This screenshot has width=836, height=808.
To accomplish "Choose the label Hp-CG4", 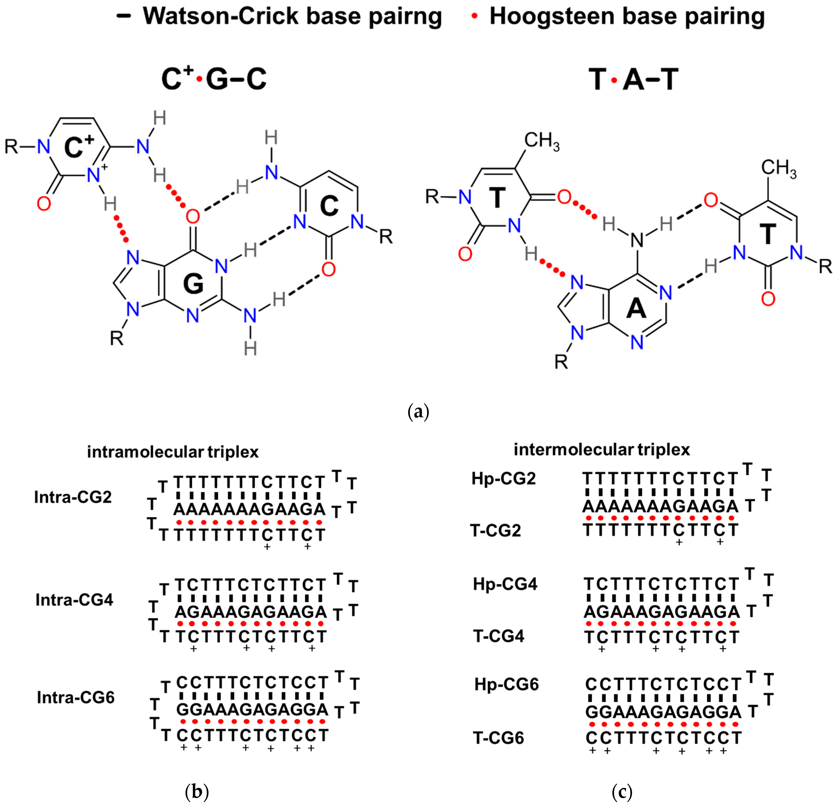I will pos(505,584).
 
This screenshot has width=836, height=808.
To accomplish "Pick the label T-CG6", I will pos(498,738).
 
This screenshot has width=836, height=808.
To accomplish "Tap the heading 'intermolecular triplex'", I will pos(602,450).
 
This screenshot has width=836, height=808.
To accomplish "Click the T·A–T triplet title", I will pos(633,80).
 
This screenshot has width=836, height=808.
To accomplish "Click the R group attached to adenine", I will pos(561,362).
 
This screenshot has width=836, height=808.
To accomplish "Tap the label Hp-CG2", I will pos(503,479).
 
